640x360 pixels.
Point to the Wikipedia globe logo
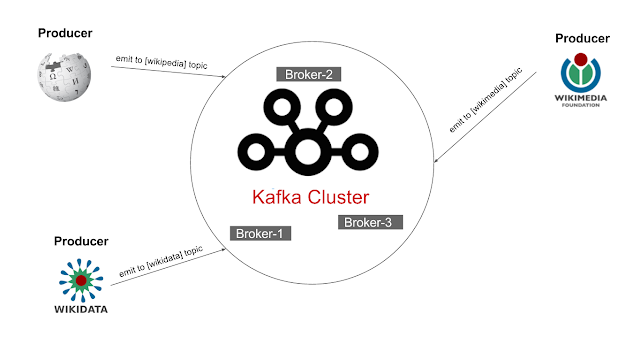63,73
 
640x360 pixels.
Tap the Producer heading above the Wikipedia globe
65,33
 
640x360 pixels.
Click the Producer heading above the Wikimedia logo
583,37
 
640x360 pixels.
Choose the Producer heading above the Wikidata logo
80,242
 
